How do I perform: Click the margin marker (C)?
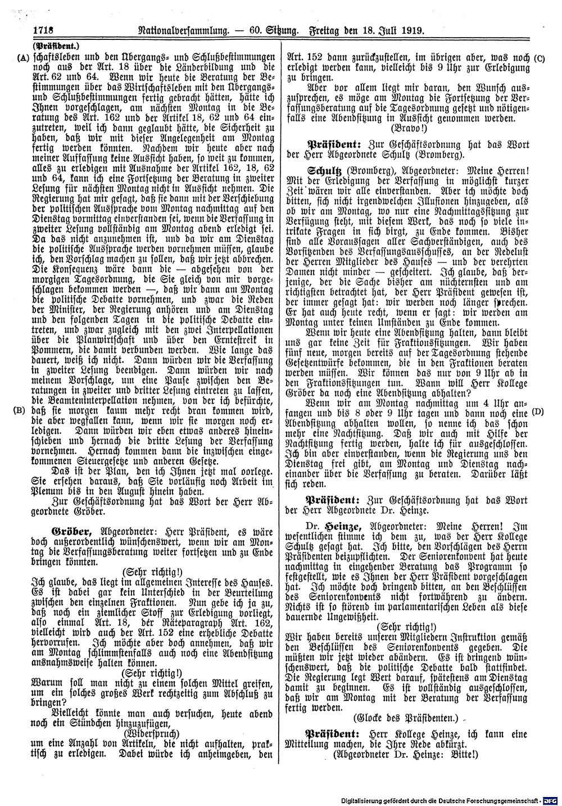click(539, 57)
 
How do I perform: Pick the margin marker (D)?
click(538, 412)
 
